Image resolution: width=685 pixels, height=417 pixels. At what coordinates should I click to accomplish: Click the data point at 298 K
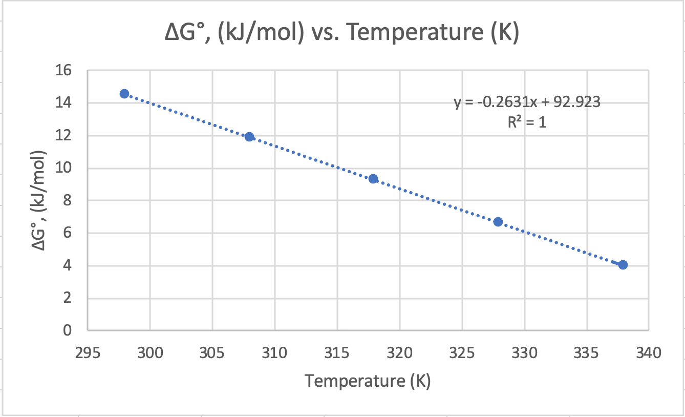click(124, 94)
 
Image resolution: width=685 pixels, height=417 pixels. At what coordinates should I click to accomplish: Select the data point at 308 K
click(249, 137)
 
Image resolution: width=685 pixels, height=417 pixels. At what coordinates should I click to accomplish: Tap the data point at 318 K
click(373, 179)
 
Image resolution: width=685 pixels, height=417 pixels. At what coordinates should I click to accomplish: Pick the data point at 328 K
click(498, 222)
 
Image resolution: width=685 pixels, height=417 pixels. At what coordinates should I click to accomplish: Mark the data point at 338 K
click(623, 265)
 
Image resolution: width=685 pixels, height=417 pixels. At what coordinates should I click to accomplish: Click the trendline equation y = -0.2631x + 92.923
click(527, 102)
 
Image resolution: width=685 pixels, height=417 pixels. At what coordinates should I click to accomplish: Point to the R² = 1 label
click(527, 122)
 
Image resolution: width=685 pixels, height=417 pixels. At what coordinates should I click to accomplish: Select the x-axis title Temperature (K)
click(368, 381)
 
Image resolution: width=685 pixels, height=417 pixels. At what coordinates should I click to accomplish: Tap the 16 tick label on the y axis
click(67, 71)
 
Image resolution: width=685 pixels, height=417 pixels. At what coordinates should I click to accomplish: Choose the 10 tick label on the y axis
click(67, 169)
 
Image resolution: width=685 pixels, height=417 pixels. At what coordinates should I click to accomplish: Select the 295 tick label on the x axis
click(88, 353)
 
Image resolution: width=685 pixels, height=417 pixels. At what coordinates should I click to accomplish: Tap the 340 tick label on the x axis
click(649, 353)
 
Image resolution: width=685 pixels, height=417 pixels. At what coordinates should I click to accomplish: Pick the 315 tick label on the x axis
click(337, 353)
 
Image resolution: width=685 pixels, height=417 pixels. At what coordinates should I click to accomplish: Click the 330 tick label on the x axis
click(524, 353)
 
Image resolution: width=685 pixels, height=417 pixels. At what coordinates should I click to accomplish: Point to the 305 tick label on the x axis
click(212, 353)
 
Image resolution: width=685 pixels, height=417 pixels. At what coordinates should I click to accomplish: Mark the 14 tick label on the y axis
click(67, 103)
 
